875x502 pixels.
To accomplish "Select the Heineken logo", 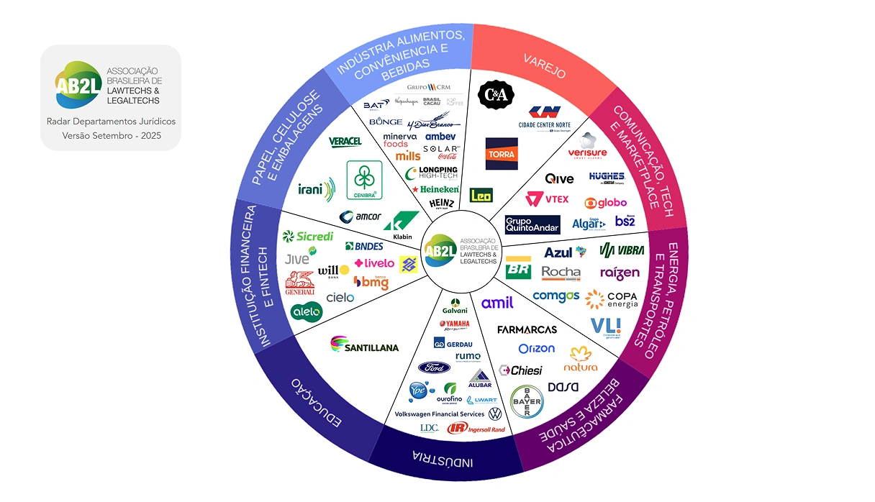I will [x=435, y=189].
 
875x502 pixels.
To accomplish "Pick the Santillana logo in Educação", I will [x=364, y=346].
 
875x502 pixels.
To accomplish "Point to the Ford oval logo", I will [x=434, y=368].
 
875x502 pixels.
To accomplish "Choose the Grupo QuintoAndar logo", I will [x=532, y=225].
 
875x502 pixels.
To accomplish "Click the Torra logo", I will [x=502, y=154].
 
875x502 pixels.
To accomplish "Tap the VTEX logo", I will [x=547, y=199].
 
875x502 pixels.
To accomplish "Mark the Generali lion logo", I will [x=300, y=283].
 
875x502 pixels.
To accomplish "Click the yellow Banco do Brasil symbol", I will [x=409, y=265].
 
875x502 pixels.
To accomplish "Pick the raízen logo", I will [x=619, y=273].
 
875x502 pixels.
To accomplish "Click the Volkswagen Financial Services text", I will [x=440, y=414].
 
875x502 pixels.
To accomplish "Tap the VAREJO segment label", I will [x=544, y=65].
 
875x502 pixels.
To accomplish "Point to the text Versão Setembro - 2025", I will [x=111, y=135].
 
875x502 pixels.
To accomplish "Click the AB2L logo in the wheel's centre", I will [x=440, y=250].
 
